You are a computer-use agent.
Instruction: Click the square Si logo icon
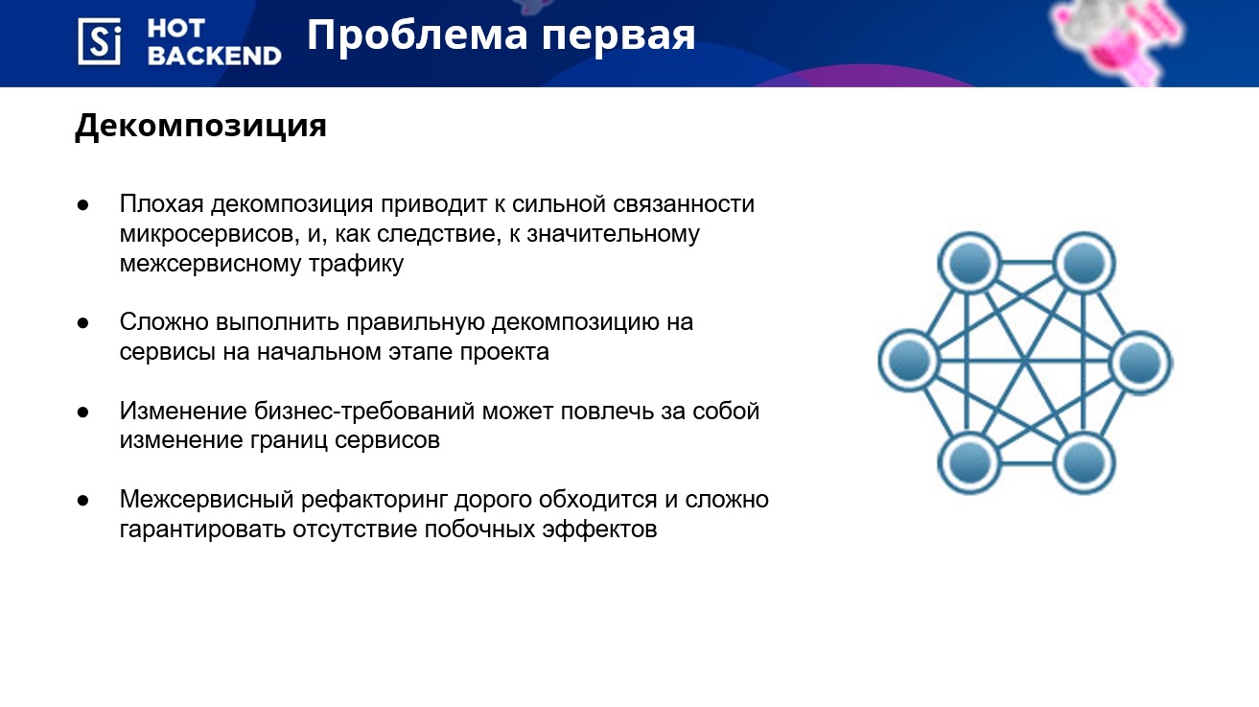pyautogui.click(x=99, y=41)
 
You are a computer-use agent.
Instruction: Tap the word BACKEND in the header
pyautogui.click(x=214, y=56)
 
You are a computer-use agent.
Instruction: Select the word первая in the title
pyautogui.click(x=618, y=37)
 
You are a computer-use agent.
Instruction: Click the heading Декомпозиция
pyautogui.click(x=200, y=126)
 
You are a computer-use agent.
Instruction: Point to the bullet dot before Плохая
pyautogui.click(x=83, y=205)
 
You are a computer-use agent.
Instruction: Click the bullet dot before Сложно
pyautogui.click(x=83, y=323)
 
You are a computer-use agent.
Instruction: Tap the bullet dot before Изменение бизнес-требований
pyautogui.click(x=83, y=412)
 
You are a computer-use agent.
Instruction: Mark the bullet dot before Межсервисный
pyautogui.click(x=83, y=501)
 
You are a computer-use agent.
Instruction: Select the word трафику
pyautogui.click(x=356, y=264)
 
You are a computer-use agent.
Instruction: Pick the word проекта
pyautogui.click(x=504, y=353)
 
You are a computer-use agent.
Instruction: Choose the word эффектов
pyautogui.click(x=599, y=530)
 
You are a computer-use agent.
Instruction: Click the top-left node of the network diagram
pyautogui.click(x=969, y=263)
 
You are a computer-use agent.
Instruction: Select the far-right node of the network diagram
pyautogui.click(x=1140, y=363)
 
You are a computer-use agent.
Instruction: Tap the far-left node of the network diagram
pyautogui.click(x=909, y=361)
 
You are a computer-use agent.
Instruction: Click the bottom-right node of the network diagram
pyautogui.click(x=1084, y=463)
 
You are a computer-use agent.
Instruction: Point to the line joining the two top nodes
pyautogui.click(x=1026, y=263)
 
